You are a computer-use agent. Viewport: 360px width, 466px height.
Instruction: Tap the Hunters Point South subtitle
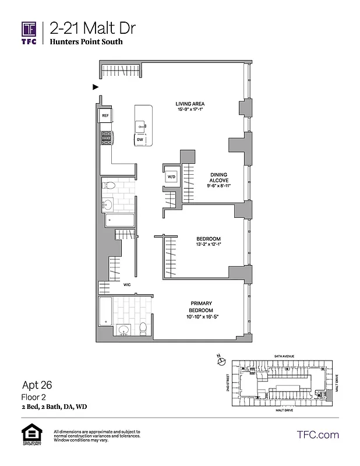(86, 43)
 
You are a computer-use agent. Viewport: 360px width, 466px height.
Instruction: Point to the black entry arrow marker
(96, 87)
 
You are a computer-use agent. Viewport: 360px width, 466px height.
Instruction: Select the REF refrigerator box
(105, 116)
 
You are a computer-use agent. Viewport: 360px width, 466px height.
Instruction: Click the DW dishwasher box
(140, 140)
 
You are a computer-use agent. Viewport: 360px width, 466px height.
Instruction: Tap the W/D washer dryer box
(172, 176)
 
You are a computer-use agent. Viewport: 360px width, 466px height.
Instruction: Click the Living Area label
(190, 104)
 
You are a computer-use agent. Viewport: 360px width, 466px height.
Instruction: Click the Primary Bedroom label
(201, 306)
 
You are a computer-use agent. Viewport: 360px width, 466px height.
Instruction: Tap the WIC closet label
(126, 285)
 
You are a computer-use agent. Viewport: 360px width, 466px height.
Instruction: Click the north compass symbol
(221, 361)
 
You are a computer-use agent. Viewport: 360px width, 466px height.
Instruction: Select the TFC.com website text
(317, 435)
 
